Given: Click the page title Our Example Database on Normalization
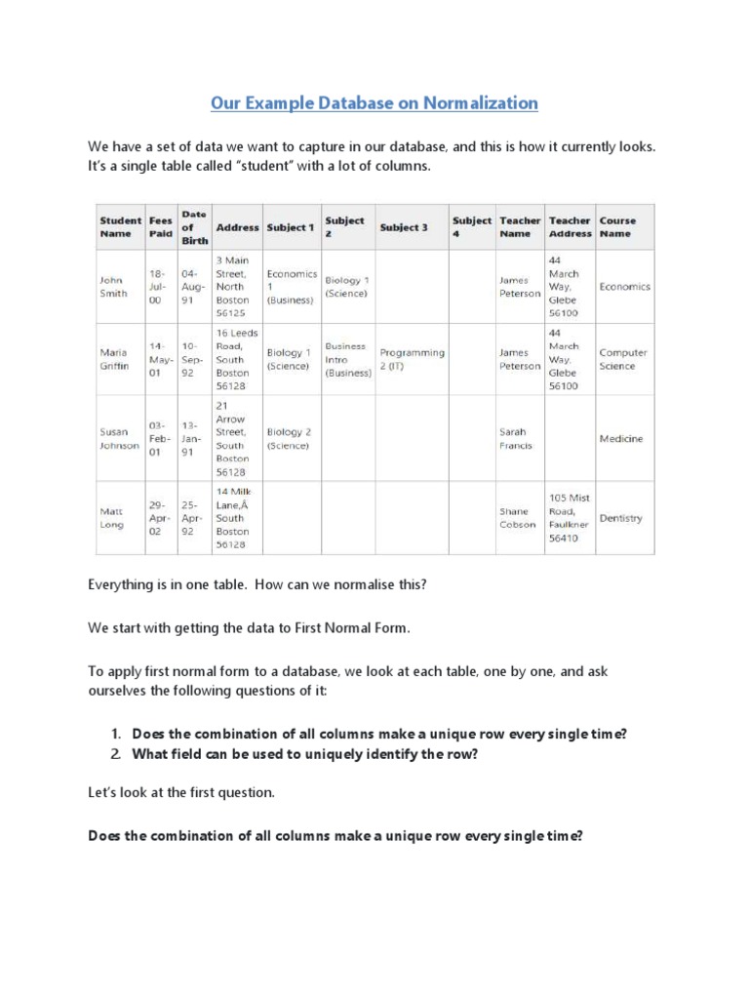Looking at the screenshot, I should point(374,102).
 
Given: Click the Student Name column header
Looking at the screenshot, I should point(120,227).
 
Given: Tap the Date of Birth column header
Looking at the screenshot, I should point(194,227).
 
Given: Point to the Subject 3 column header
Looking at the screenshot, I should point(404,227).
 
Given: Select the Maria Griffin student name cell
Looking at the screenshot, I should point(116,359).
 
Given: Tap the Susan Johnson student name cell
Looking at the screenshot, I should point(119,438).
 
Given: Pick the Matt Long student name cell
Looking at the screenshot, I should point(112,518).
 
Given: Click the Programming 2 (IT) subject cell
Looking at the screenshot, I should point(412,359).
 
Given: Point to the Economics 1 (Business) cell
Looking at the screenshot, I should point(292,287).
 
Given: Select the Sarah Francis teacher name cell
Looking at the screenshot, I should point(518,438).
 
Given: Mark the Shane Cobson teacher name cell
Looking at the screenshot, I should point(518,518).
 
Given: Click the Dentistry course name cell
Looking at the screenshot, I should point(621,518).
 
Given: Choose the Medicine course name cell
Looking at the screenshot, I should point(621,439).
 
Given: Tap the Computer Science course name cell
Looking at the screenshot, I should point(616,359).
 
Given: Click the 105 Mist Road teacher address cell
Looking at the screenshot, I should point(570,518).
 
